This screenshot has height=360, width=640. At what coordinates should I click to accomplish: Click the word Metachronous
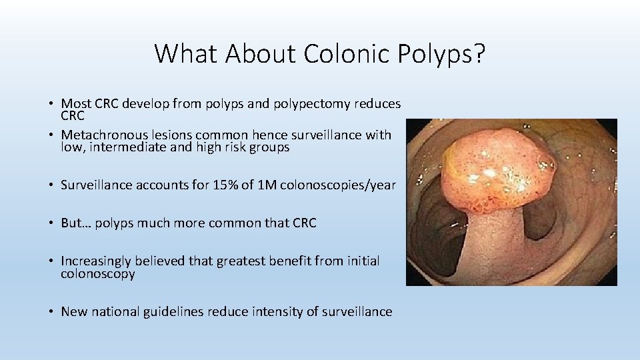[101, 135]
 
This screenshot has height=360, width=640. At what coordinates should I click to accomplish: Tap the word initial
[361, 261]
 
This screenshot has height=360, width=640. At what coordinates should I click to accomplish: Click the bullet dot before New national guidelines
[51, 312]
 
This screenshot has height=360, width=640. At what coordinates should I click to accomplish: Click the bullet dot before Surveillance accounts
[51, 186]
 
